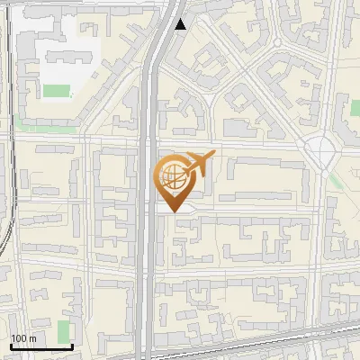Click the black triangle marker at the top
pos(181,24)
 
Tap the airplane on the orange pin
pos(201,164)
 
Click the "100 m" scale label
pos(23,338)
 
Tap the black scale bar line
pos(41,346)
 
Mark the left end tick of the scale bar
pos(12,345)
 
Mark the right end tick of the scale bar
pos(72,345)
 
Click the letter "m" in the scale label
pos(32,338)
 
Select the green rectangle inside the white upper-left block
pos(57,91)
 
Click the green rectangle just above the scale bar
pos(63,330)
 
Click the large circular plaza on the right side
pos(319,150)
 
